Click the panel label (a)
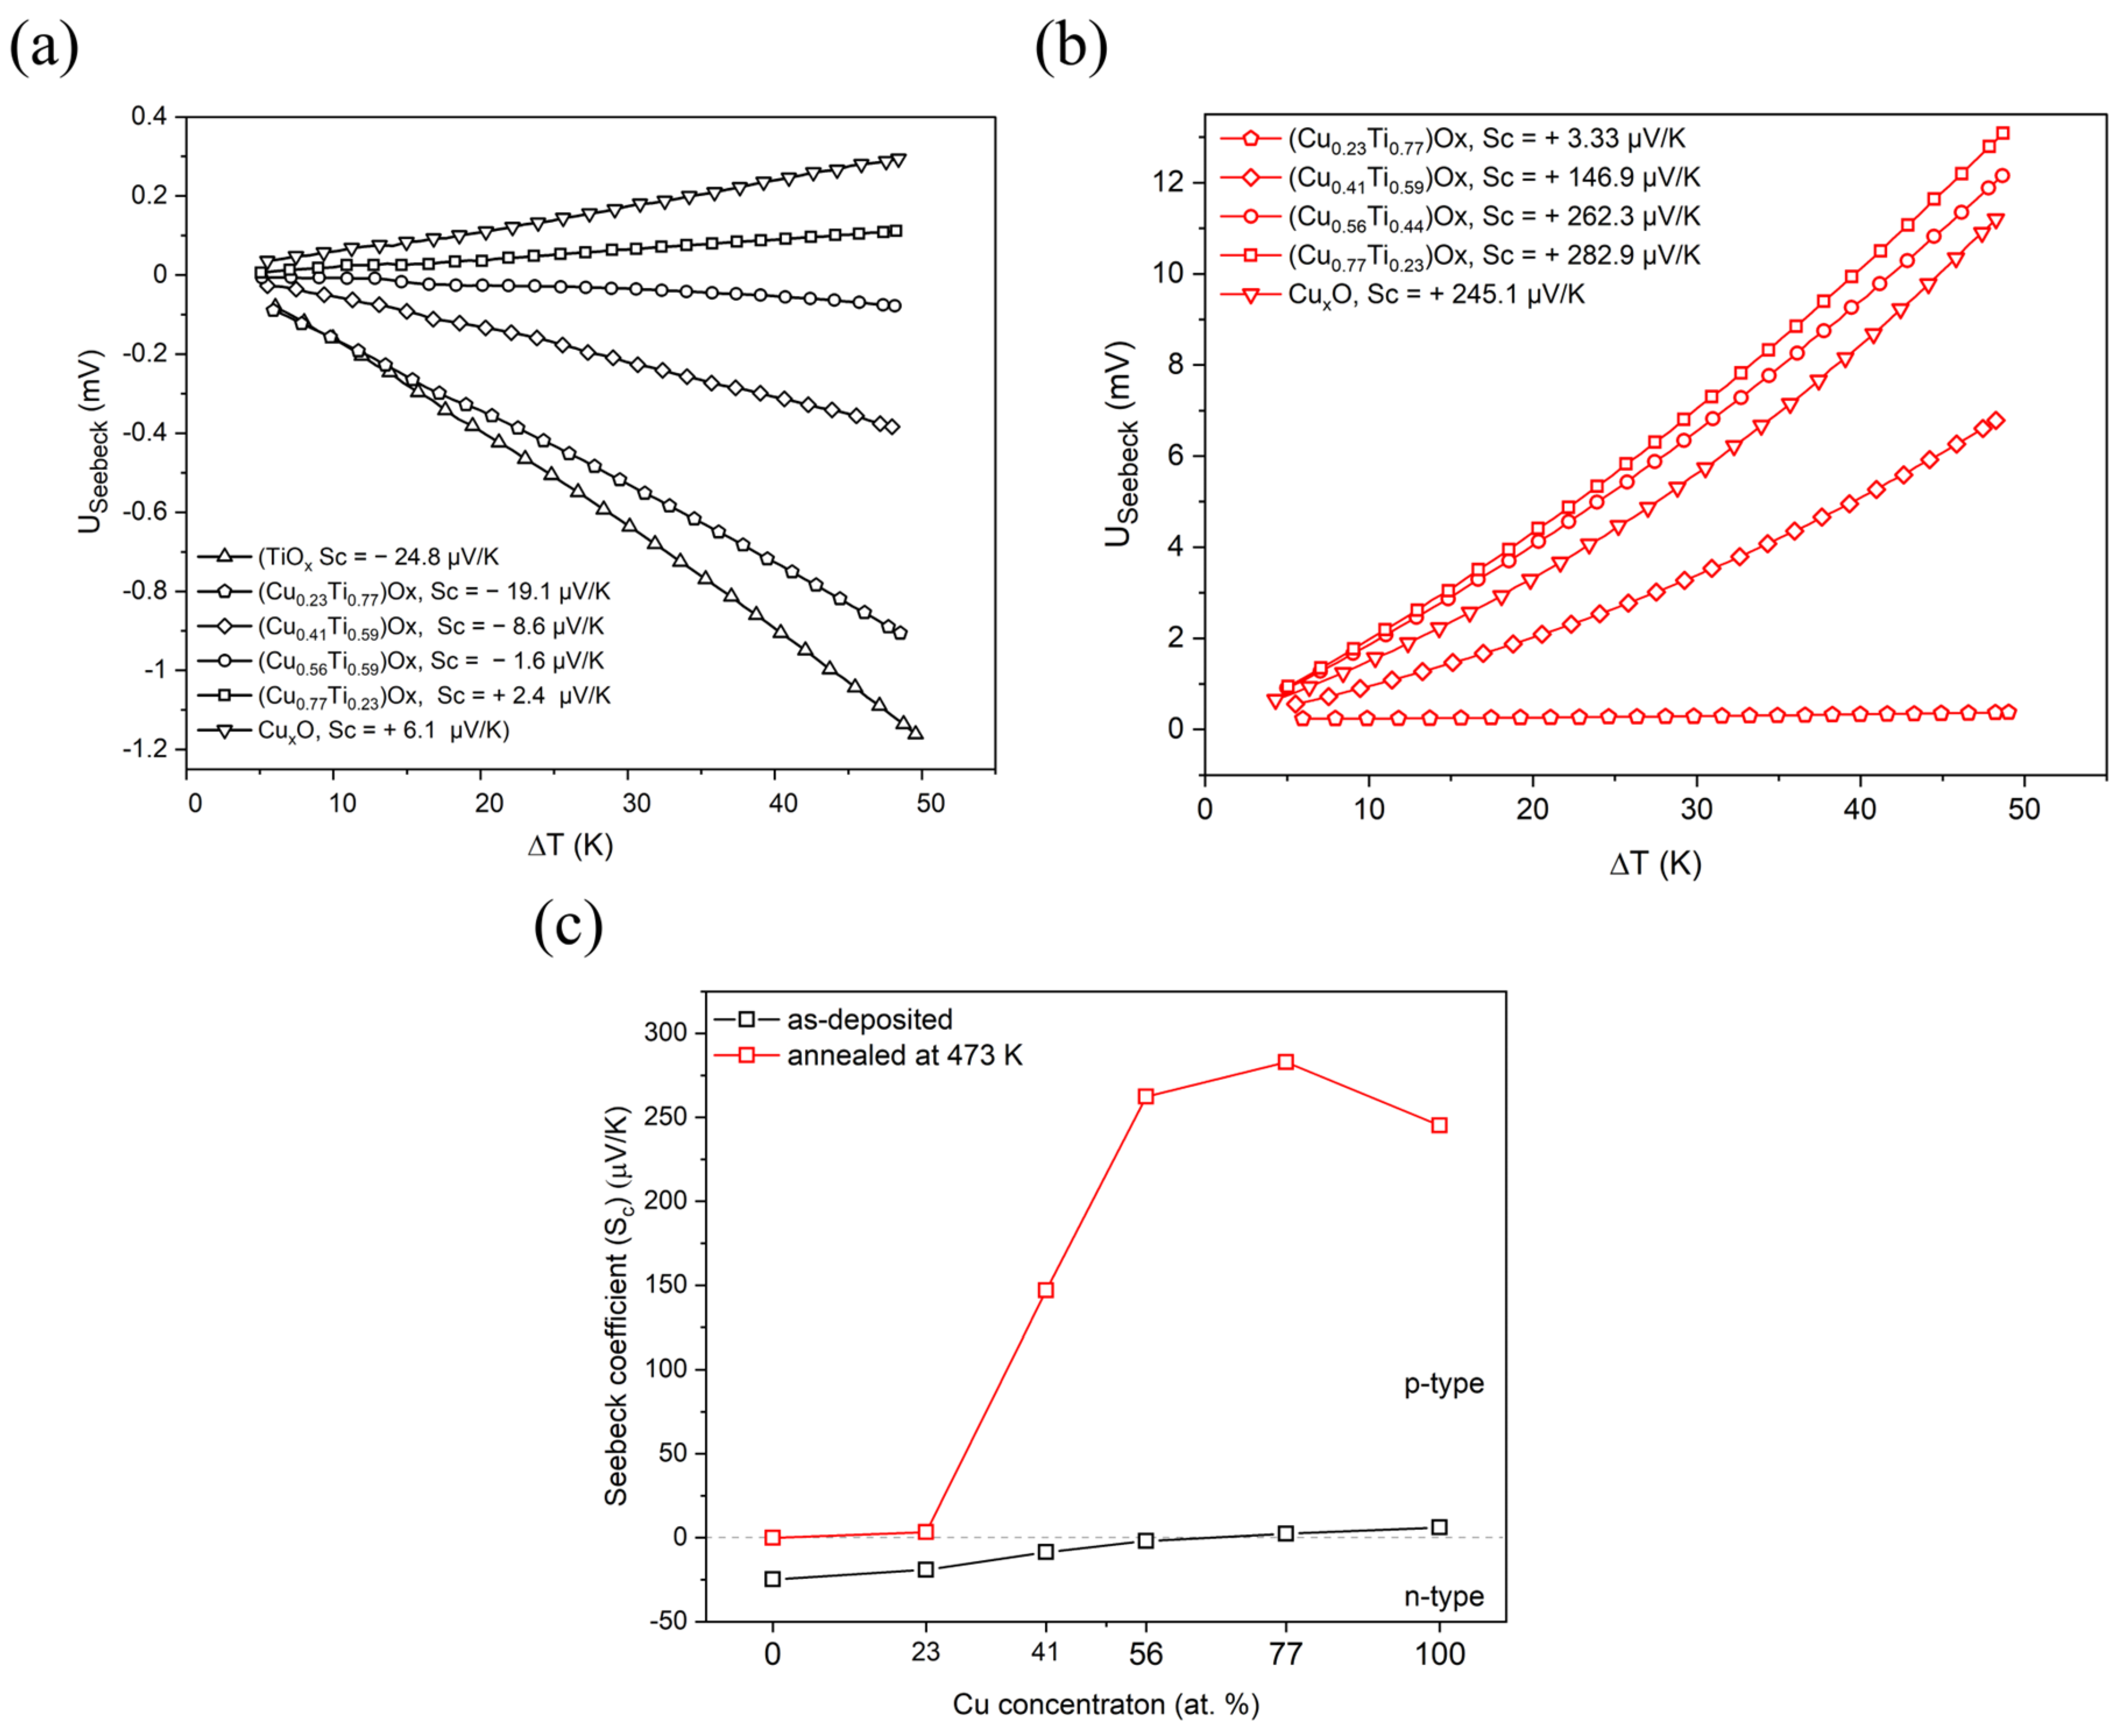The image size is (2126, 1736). tap(44, 48)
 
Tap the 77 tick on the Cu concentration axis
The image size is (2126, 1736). tap(1286, 1654)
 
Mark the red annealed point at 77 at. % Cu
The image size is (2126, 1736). tap(1286, 1062)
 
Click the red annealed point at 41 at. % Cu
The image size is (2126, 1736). tap(1046, 1290)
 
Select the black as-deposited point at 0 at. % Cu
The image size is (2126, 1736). tap(772, 1579)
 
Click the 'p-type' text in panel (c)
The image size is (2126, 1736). tap(1443, 1384)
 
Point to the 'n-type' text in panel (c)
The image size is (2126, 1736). tap(1443, 1597)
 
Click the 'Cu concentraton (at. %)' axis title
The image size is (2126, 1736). tap(1105, 1704)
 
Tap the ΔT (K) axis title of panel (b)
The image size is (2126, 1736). tap(1655, 863)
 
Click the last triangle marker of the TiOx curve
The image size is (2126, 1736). tap(915, 733)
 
